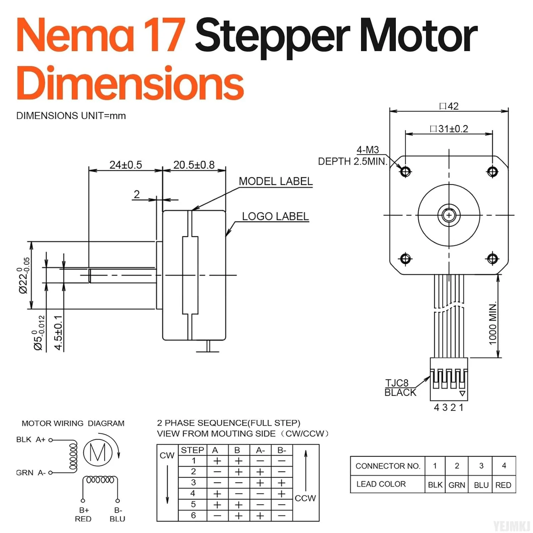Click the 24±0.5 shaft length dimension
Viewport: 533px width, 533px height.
[125, 165]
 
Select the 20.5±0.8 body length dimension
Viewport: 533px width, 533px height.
[194, 165]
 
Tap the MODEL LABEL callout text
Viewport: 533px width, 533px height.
[275, 181]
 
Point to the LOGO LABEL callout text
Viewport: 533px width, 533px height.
[275, 216]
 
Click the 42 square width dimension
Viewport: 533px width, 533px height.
[449, 106]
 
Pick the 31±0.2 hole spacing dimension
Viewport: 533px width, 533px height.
[449, 129]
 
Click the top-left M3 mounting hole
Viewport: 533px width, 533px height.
[405, 172]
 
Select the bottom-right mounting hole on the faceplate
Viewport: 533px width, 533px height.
[492, 259]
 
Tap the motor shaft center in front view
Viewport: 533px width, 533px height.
[449, 215]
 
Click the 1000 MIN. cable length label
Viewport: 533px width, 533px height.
[492, 323]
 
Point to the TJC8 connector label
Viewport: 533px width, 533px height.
[397, 383]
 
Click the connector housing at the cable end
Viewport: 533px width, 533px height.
[449, 379]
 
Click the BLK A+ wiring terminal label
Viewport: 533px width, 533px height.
[31, 440]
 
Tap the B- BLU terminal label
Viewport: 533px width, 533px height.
[118, 515]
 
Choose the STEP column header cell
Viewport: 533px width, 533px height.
[192, 450]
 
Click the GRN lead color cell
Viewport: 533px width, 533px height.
[457, 485]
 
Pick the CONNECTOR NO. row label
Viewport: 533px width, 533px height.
[387, 466]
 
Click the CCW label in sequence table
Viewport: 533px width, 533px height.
[305, 498]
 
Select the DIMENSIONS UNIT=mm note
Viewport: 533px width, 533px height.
[71, 116]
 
